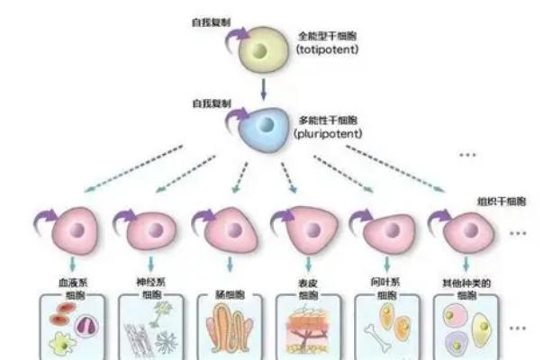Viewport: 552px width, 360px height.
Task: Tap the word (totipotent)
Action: click(327, 49)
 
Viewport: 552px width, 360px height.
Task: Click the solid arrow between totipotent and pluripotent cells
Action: click(262, 87)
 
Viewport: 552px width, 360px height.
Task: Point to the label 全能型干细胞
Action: click(327, 36)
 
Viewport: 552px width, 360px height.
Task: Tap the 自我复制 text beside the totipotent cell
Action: click(211, 19)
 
